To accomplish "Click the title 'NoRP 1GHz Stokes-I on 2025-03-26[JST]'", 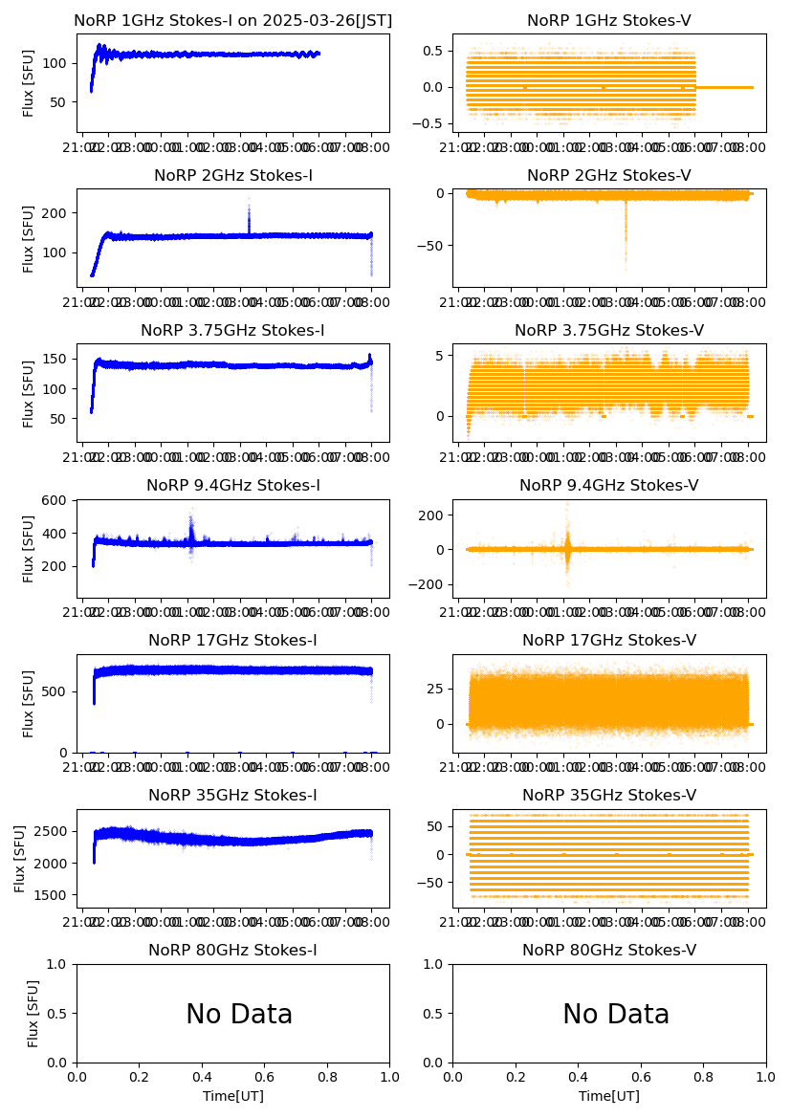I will (233, 20).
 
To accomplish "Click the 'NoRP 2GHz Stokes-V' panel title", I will (609, 175).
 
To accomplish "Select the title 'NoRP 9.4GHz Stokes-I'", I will (233, 485).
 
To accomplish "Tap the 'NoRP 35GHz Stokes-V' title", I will (609, 795).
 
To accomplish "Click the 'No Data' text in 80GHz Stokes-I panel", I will (239, 1014).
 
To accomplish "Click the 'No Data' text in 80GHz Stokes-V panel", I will (616, 1014).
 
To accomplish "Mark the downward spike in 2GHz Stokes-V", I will (626, 258).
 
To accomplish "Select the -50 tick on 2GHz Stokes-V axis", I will (435, 246).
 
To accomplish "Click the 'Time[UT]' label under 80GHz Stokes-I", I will (233, 1096).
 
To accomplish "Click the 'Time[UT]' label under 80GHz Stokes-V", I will (609, 1096).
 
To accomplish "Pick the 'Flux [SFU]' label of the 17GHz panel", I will (29, 704).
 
